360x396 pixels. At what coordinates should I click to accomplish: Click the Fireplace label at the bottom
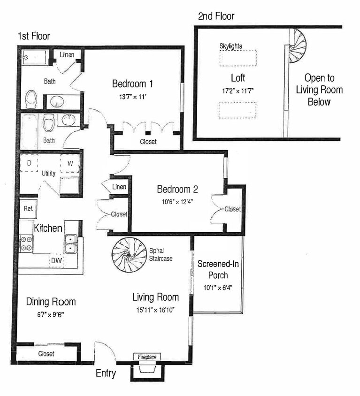tap(147, 357)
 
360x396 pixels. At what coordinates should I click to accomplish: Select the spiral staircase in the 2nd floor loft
tap(296, 46)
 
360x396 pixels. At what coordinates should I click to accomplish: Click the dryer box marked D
tap(29, 163)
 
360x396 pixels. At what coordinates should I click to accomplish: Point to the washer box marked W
tap(70, 164)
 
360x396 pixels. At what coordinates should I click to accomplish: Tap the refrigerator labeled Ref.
tap(28, 209)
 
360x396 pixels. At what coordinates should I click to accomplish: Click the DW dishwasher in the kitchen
tap(57, 260)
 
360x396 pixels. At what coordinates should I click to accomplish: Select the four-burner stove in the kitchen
tap(26, 243)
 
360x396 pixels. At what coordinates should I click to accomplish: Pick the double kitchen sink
tap(71, 244)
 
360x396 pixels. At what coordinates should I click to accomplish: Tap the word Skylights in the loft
tap(231, 46)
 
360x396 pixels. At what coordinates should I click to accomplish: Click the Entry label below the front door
tap(106, 373)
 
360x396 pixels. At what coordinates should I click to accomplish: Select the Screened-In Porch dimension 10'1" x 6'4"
tap(219, 287)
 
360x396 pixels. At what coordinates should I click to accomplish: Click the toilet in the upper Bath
tap(31, 98)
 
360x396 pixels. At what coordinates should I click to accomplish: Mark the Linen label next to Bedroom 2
tap(119, 187)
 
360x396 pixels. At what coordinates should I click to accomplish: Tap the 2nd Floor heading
tap(216, 16)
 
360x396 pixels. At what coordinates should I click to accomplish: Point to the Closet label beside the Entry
tap(46, 354)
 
